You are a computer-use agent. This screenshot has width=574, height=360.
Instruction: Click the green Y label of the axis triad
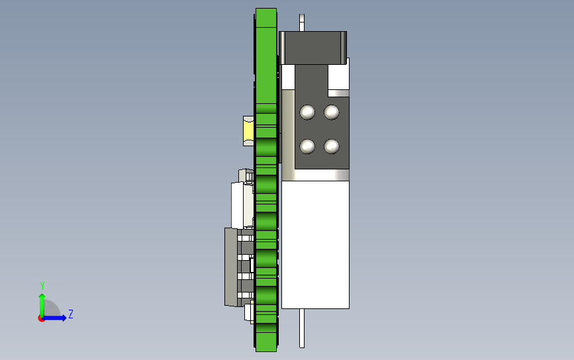tap(42, 285)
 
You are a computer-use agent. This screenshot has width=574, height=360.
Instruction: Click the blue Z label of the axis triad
tap(71, 314)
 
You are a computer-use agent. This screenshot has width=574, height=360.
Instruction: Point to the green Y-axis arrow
tap(42, 305)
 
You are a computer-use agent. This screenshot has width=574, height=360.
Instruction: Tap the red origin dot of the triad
tap(41, 319)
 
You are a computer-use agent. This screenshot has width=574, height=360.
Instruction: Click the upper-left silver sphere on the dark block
tap(307, 112)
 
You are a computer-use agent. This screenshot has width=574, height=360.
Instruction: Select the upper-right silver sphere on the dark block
tap(332, 112)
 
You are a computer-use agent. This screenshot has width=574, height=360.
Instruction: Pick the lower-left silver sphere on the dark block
tap(307, 146)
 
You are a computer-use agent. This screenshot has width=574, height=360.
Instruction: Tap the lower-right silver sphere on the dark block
tap(332, 146)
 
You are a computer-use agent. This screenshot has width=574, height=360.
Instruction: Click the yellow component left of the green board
tap(248, 130)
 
